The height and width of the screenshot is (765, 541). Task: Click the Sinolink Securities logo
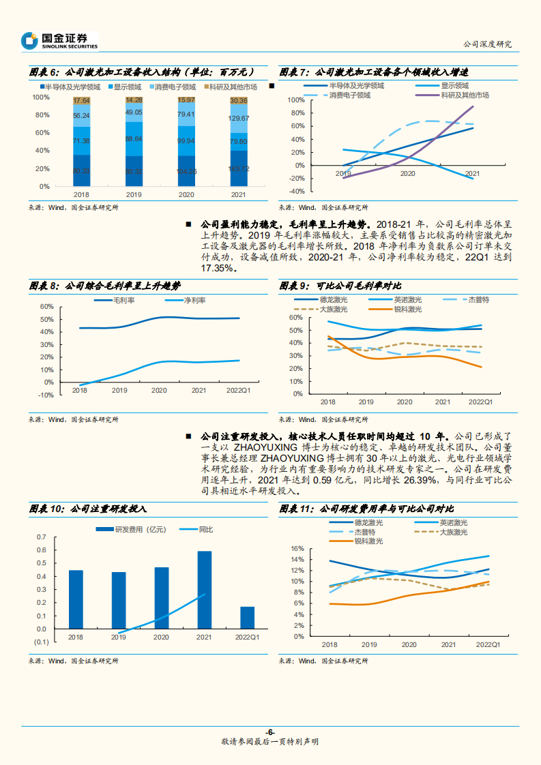(x=59, y=41)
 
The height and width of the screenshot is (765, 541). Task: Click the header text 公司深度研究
(x=486, y=44)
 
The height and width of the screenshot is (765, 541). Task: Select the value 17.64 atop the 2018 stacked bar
(x=81, y=101)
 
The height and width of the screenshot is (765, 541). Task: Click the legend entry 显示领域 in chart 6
(x=127, y=87)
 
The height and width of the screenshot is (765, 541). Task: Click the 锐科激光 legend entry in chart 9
(x=407, y=310)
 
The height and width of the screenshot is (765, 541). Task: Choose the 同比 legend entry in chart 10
(x=205, y=529)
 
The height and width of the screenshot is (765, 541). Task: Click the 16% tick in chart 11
(x=296, y=548)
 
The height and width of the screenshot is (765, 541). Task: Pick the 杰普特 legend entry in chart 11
(x=365, y=532)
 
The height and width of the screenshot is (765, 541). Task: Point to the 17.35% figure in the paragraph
(x=218, y=269)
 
